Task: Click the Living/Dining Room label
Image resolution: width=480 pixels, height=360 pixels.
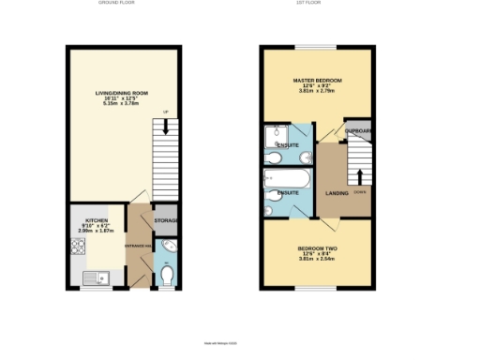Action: [123, 92]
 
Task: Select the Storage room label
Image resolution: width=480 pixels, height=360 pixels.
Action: [166, 220]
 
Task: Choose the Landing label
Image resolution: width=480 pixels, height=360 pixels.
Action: [337, 193]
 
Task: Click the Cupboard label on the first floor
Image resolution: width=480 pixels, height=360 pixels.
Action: [359, 131]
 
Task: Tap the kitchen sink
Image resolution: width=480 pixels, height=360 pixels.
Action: [95, 277]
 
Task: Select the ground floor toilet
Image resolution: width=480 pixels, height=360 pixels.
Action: [166, 276]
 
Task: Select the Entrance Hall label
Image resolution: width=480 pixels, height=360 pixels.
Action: [137, 248]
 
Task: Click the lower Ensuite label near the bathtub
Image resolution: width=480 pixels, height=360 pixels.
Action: [288, 193]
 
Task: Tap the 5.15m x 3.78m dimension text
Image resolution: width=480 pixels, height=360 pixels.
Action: [123, 103]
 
